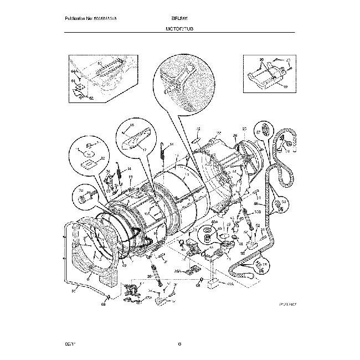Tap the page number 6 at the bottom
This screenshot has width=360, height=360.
tap(180, 345)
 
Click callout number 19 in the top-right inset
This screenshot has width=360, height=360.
tap(286, 88)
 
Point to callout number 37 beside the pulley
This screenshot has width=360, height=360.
tap(258, 132)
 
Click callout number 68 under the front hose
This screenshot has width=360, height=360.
tap(104, 304)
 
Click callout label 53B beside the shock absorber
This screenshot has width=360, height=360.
tap(257, 213)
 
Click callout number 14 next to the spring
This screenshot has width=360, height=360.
tap(171, 145)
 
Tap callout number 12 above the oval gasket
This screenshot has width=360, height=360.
tap(198, 129)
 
